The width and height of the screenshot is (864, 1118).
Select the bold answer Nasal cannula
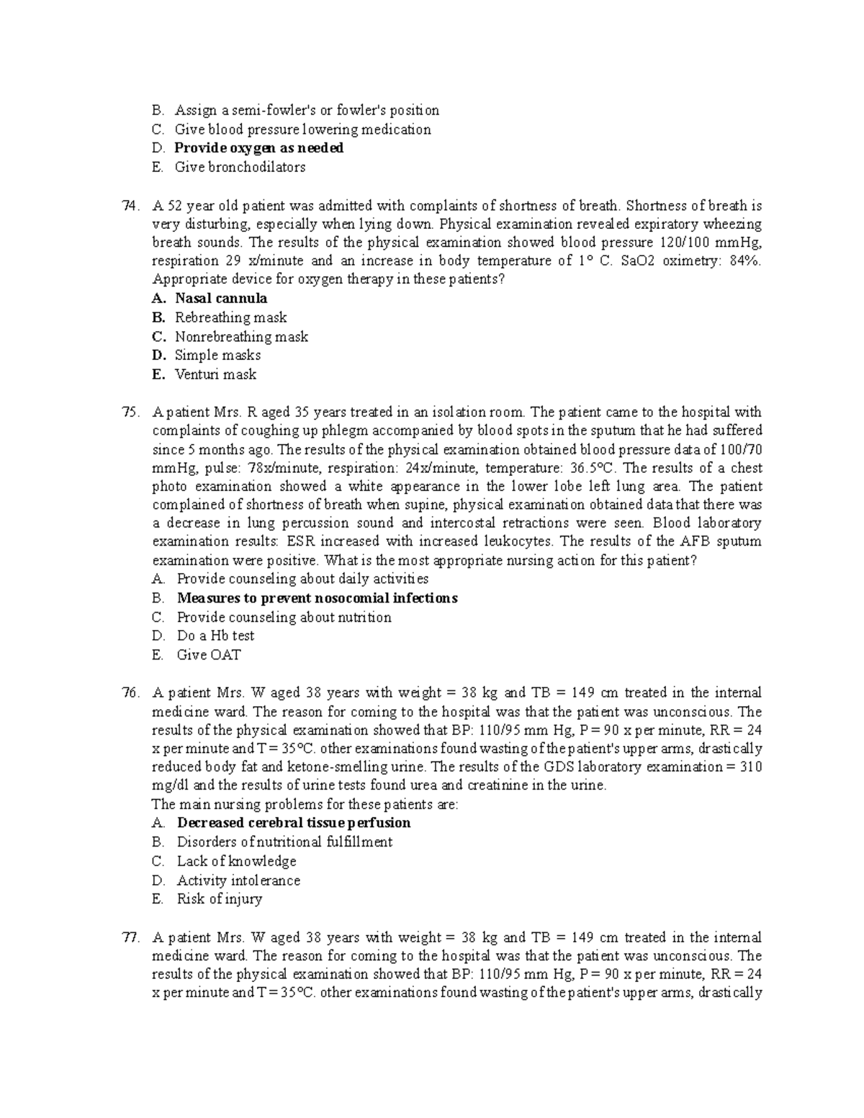[x=220, y=299]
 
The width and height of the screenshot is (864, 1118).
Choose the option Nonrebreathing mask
[x=241, y=336]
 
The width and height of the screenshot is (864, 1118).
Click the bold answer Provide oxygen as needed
[x=258, y=148]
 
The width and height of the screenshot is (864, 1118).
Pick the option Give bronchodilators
[x=240, y=167]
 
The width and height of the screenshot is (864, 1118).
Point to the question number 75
[x=130, y=413]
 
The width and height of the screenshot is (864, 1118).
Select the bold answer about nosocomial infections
[x=317, y=598]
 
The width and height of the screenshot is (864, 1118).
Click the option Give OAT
[x=209, y=655]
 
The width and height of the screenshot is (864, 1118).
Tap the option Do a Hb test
[x=215, y=636]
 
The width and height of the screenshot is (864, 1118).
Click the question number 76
[x=130, y=693]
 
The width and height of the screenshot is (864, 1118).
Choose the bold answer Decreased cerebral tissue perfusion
[x=294, y=823]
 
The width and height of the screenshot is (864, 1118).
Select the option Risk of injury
[x=219, y=898]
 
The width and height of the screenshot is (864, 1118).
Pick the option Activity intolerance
[x=238, y=880]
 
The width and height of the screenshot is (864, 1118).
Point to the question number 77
[x=130, y=937]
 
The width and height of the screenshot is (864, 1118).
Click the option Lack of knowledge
[x=236, y=861]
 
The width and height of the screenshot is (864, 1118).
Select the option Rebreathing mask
[x=230, y=317]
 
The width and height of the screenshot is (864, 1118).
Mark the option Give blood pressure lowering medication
[x=302, y=130]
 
